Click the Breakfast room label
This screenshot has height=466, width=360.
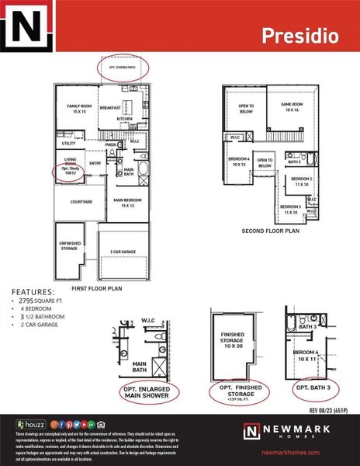[110, 108]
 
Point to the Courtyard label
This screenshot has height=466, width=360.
[71, 202]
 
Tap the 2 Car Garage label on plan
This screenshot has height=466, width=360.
[124, 252]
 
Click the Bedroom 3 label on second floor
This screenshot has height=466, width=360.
[292, 209]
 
